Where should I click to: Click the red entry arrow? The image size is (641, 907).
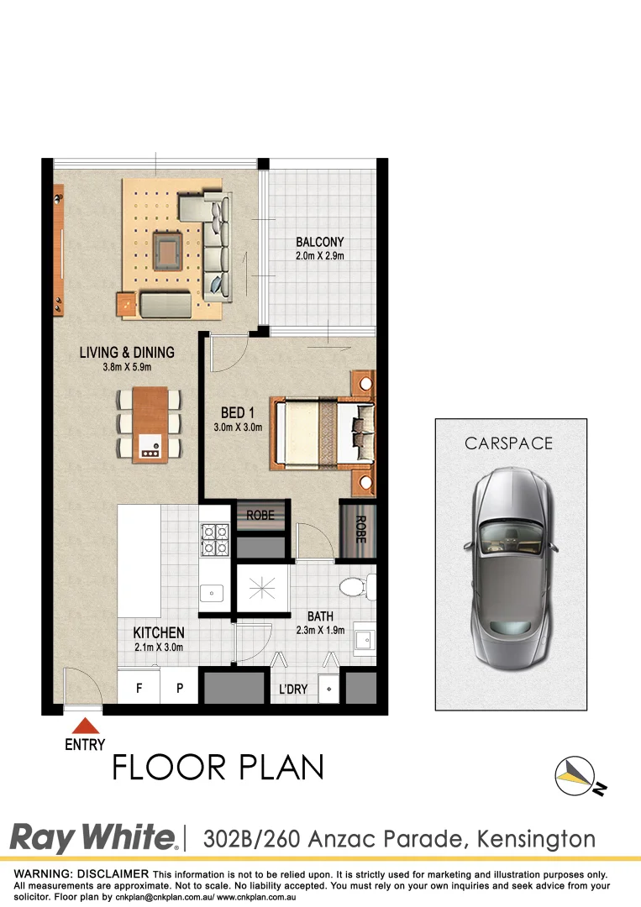pos(84,726)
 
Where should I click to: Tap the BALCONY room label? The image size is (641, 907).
pos(319,243)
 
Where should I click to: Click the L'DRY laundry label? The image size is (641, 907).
pos(293,689)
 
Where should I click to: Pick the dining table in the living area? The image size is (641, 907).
pos(150,422)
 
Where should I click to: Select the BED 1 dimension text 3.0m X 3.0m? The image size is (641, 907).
pos(239,427)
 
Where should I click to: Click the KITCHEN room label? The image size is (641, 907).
pos(159,632)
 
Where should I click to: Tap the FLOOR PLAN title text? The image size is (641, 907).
pos(218,767)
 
